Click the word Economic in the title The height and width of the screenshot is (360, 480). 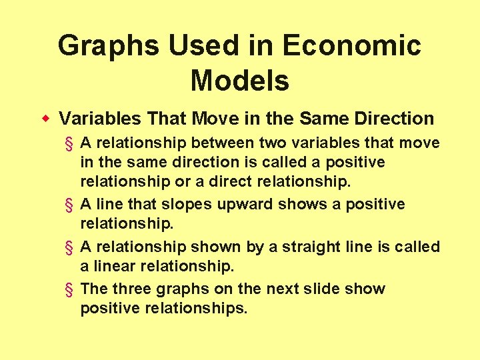351,46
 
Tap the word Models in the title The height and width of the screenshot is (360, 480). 240,81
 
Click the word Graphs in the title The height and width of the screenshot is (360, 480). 107,46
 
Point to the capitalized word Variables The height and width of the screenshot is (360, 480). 99,119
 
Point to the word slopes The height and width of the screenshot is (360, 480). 194,204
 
